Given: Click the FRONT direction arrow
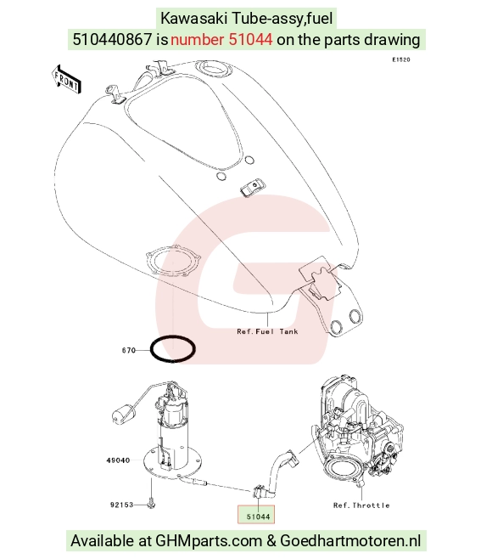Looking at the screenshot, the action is tap(66, 80).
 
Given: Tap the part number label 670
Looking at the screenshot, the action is tap(129, 351).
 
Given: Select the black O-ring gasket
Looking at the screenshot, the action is tap(173, 349).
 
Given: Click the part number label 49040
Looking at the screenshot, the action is tap(118, 460).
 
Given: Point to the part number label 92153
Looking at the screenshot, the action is tap(122, 505).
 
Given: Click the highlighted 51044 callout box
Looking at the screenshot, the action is tap(256, 515).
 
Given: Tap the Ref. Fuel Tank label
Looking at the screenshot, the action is tap(267, 331).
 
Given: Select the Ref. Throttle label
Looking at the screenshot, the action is tap(361, 505).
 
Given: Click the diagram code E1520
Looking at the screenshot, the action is tap(401, 59).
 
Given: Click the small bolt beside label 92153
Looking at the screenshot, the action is tap(151, 505).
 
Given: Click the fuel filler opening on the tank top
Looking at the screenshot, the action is tap(211, 68).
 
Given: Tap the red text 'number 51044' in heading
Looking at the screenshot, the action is tap(221, 39).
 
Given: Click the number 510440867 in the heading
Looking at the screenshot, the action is tap(113, 39).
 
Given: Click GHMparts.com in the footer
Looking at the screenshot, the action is tap(209, 541).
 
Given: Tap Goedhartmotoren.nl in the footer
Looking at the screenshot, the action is tap(350, 540).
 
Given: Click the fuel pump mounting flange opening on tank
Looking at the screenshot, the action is tap(173, 260).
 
